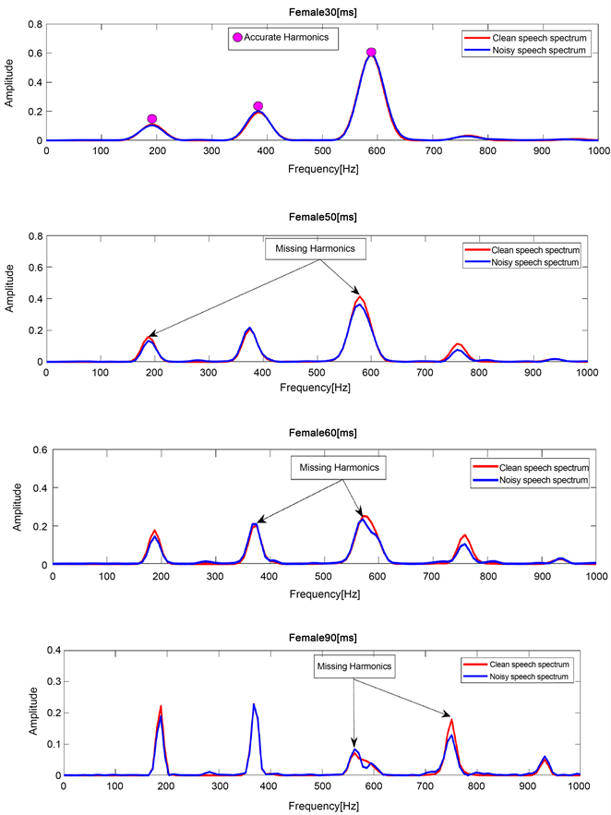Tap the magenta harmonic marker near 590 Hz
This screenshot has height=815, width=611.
click(371, 53)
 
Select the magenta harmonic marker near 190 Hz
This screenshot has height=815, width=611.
click(152, 119)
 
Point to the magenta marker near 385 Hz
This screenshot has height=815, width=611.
click(258, 106)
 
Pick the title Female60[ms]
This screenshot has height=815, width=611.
click(322, 433)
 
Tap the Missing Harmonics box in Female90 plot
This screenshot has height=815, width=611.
click(354, 665)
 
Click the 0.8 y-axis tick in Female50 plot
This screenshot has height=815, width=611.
click(36, 236)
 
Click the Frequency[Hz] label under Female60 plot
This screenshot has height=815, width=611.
click(324, 588)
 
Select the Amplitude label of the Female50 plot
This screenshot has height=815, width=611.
click(10, 298)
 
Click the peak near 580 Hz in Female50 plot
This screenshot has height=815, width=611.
click(360, 298)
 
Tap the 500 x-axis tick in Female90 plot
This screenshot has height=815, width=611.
click(321, 786)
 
